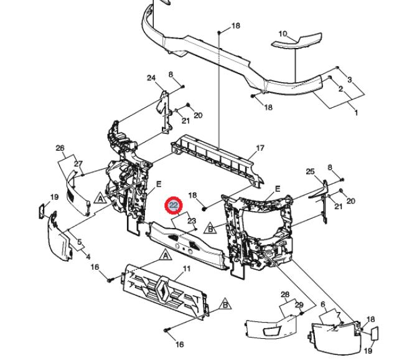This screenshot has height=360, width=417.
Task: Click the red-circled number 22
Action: (x=174, y=206)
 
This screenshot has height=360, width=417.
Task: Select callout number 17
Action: (x=260, y=148)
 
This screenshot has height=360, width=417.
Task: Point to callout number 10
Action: (x=283, y=34)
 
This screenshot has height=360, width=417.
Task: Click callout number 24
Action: (x=151, y=78)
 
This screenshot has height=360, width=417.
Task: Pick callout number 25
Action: (x=311, y=172)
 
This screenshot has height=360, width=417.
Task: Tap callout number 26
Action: (x=60, y=148)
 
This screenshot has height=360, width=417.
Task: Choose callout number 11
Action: (x=187, y=268)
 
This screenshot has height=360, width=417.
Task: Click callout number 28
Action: (x=285, y=295)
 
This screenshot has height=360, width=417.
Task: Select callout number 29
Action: (x=299, y=305)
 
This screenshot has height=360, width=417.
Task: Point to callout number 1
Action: (x=356, y=113)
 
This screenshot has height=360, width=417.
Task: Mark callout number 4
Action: (x=88, y=257)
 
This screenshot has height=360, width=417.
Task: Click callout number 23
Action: (x=192, y=220)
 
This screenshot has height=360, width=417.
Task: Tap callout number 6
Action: (x=323, y=304)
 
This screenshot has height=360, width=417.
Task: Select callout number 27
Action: (x=78, y=164)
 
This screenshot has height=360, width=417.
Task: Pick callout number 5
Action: (x=80, y=242)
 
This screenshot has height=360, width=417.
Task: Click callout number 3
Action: (x=349, y=79)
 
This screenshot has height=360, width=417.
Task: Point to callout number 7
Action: (x=338, y=315)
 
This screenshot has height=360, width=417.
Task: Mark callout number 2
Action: (x=340, y=89)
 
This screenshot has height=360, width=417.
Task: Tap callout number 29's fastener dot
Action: (x=302, y=314)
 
